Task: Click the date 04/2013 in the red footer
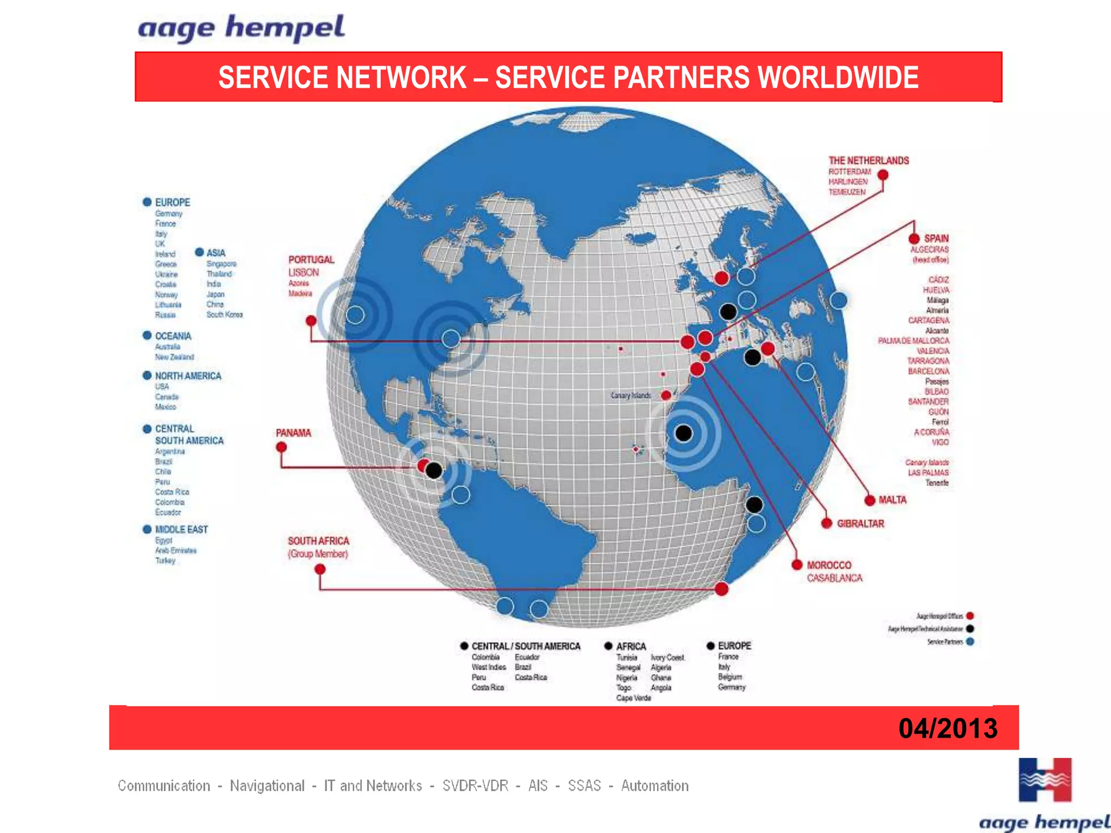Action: (x=947, y=728)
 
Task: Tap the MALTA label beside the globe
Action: (x=892, y=499)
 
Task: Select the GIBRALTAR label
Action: (x=860, y=523)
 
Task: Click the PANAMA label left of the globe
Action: (x=293, y=433)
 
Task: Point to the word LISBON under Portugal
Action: (x=303, y=272)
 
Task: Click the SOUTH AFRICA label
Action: (x=318, y=541)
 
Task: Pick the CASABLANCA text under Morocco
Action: (x=834, y=578)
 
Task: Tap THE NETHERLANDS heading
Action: (x=869, y=161)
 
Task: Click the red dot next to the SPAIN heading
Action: (x=914, y=239)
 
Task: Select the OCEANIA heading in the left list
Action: (x=173, y=336)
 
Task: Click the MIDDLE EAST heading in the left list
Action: (x=181, y=529)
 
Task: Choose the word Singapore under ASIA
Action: (x=221, y=264)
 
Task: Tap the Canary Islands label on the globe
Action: (x=630, y=395)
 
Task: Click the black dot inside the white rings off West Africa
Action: (x=684, y=433)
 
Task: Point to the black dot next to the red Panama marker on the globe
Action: (x=434, y=470)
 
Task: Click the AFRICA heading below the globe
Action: (x=631, y=646)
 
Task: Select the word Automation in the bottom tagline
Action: (x=655, y=786)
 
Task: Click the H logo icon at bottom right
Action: (x=1045, y=780)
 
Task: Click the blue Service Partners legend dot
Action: (x=970, y=642)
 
